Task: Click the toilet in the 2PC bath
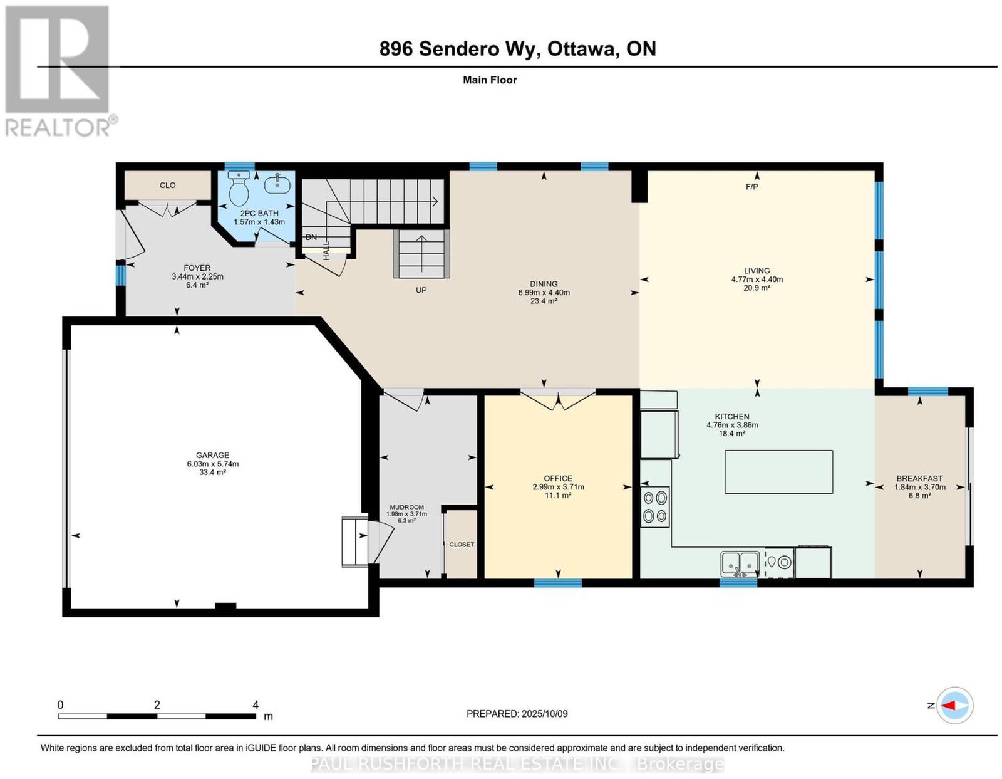(239, 189)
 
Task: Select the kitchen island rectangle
(778, 472)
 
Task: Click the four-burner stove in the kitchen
(655, 506)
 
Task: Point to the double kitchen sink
(740, 563)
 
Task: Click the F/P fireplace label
(752, 186)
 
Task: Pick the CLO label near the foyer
(167, 185)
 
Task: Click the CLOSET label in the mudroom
(462, 544)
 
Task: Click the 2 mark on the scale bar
(157, 705)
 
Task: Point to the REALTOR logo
(58, 71)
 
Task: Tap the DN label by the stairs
(311, 237)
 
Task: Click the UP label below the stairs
(421, 290)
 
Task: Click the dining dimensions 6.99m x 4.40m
(544, 293)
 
